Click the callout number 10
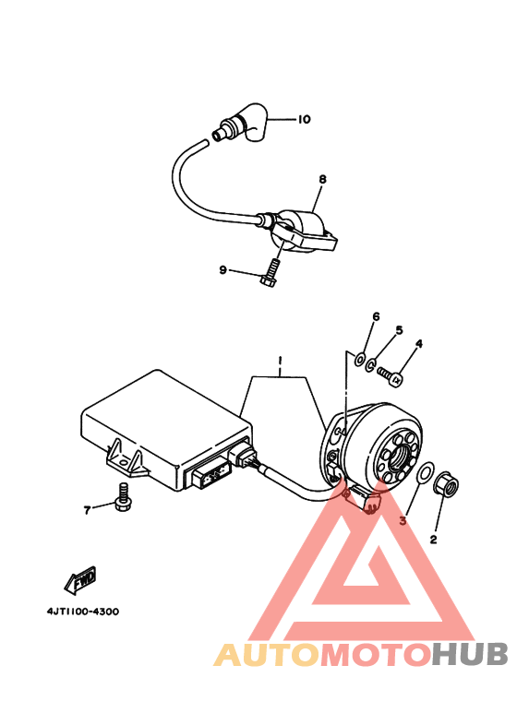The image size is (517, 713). click(x=304, y=119)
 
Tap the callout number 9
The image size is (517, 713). click(x=222, y=269)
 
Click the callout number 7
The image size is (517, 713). click(x=87, y=508)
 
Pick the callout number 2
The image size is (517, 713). click(x=433, y=539)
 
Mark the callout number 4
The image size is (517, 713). click(x=418, y=344)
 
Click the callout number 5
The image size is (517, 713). click(x=400, y=330)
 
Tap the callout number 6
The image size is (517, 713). click(x=376, y=317)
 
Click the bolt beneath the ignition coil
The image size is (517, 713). click(x=270, y=270)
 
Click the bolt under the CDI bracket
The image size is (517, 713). click(x=120, y=497)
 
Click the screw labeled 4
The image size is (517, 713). click(x=391, y=375)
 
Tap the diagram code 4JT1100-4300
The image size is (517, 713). click(x=83, y=612)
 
